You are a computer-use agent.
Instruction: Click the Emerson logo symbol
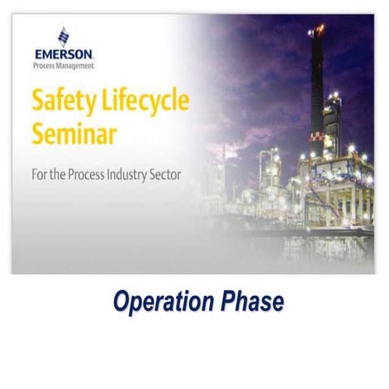click(63, 36)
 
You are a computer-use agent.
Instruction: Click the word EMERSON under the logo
click(64, 54)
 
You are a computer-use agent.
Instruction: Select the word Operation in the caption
click(163, 302)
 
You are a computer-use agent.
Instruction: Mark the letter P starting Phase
click(225, 302)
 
